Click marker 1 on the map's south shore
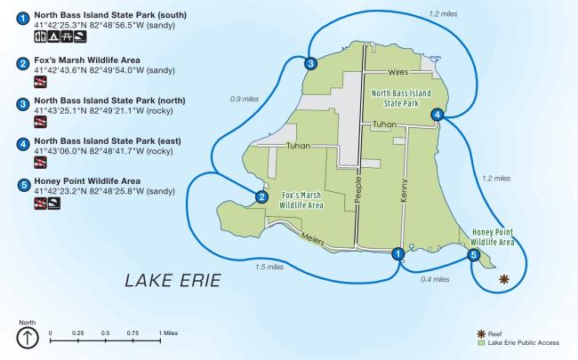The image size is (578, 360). (397, 254)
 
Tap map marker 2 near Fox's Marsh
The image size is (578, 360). (261, 197)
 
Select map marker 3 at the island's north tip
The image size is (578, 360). (310, 63)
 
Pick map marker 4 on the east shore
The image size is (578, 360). (437, 114)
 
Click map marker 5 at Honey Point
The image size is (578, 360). (473, 255)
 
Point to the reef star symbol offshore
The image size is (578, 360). (504, 279)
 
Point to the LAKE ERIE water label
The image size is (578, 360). (173, 282)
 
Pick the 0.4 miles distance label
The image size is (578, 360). (435, 280)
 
